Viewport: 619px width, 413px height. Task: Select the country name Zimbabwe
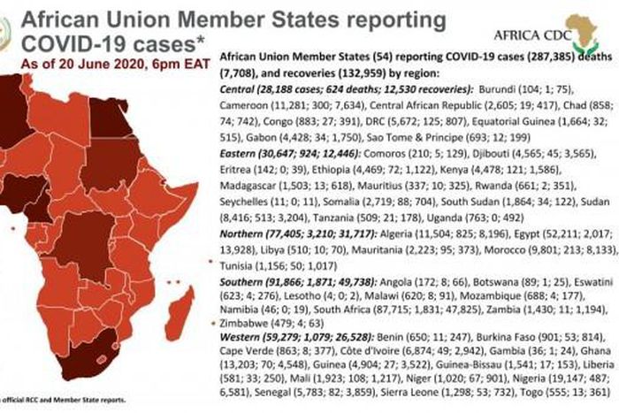[245, 323]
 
